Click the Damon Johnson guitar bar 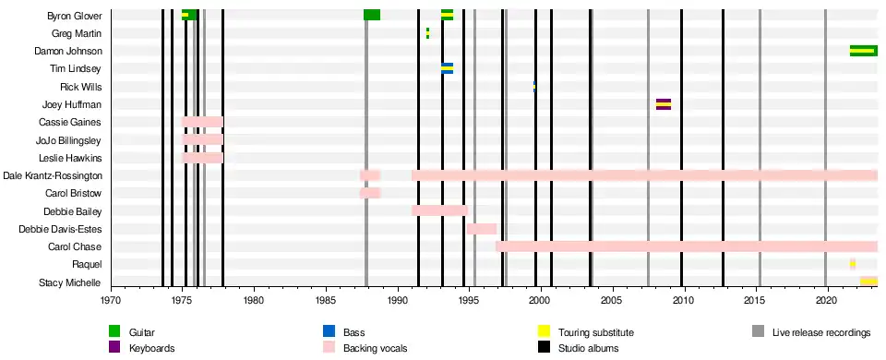point(864,51)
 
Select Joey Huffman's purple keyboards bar point(664,104)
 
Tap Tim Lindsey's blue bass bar point(447,68)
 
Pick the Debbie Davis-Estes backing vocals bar point(482,229)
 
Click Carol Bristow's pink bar point(370,193)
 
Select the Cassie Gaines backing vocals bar point(202,122)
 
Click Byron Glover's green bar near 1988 point(372,15)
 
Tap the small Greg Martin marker point(427,33)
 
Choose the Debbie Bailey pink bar point(439,210)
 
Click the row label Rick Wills point(81,87)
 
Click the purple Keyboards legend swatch point(115,347)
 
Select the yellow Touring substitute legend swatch point(544,332)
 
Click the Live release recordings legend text point(821,333)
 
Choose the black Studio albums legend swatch point(544,347)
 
